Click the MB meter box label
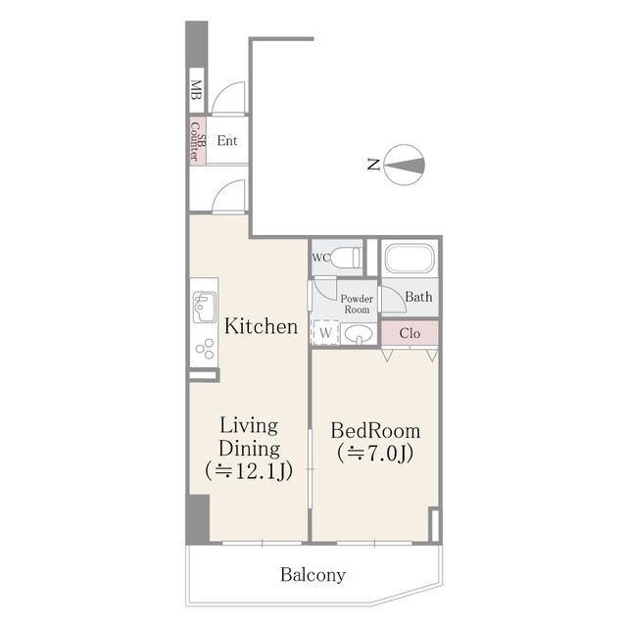(196, 90)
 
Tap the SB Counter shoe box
(198, 140)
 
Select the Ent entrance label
(227, 141)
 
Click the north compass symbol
(404, 165)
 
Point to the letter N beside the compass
(373, 165)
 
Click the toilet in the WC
(346, 258)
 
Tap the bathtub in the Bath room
(410, 258)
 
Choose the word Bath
(418, 297)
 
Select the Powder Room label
(357, 304)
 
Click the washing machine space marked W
(326, 332)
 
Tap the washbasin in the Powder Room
(359, 334)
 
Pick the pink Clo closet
(410, 333)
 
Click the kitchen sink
(205, 307)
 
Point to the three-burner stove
(205, 349)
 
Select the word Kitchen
(262, 326)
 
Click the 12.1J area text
(249, 471)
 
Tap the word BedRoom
(375, 431)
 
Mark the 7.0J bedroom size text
(375, 454)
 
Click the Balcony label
(313, 575)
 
